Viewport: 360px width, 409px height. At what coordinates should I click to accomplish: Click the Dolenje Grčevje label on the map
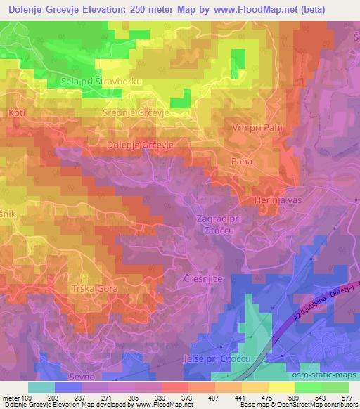tap(139, 144)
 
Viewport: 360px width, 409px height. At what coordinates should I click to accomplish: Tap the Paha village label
tap(242, 161)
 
